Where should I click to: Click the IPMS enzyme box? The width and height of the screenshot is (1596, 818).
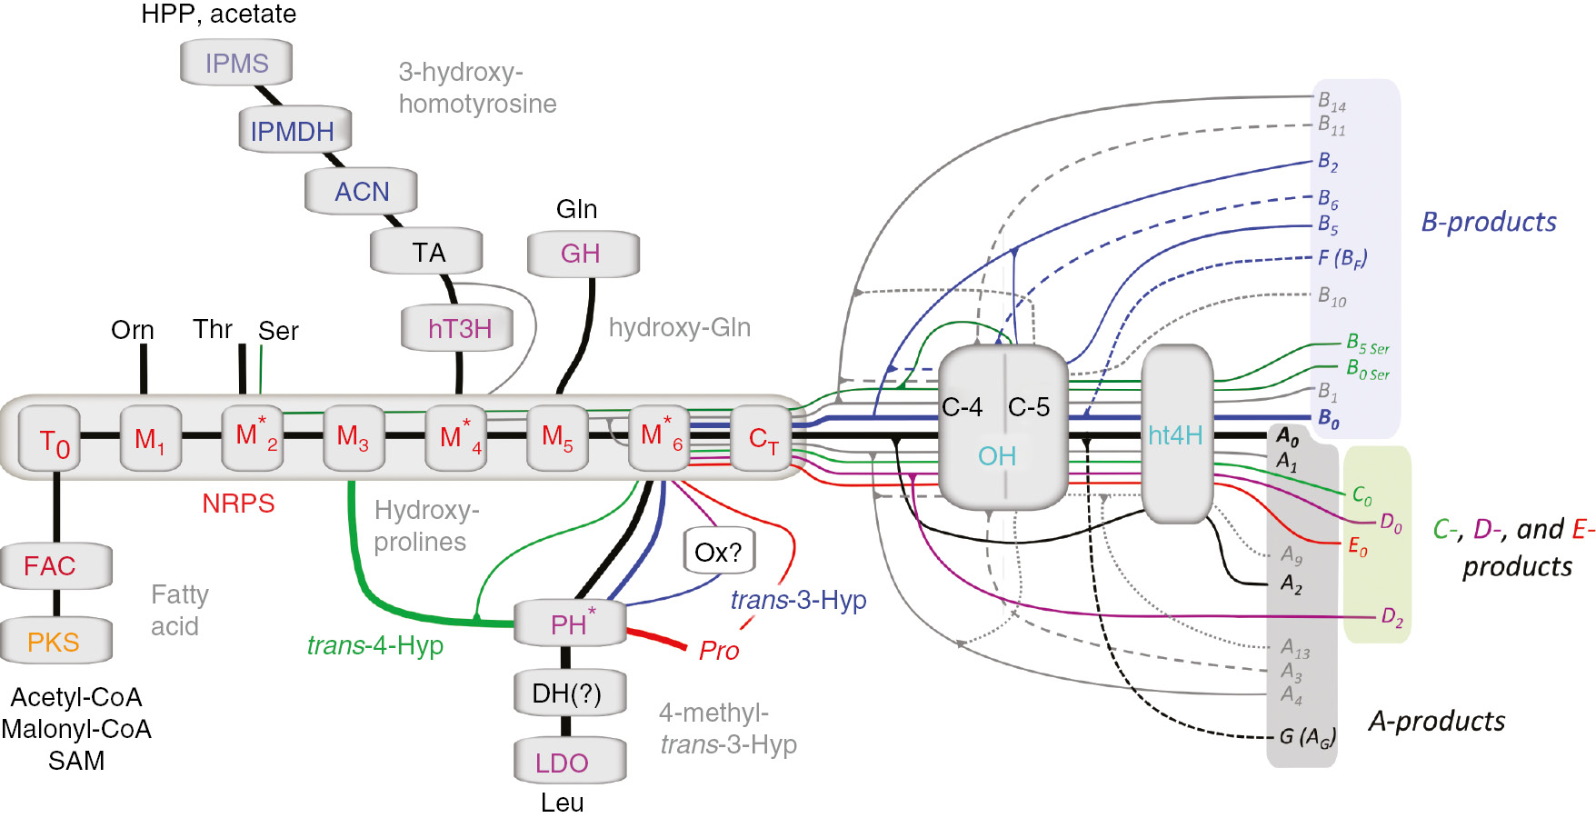click(236, 64)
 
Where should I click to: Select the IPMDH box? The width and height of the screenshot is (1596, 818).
click(293, 131)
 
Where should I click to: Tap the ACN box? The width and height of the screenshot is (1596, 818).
click(362, 192)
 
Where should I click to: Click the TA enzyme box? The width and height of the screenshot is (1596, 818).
click(427, 252)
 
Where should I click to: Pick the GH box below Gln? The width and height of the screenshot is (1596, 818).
click(582, 254)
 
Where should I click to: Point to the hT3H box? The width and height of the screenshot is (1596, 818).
click(459, 328)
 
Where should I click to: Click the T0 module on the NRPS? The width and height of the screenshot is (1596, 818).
click(52, 441)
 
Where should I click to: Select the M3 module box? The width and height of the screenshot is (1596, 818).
click(353, 438)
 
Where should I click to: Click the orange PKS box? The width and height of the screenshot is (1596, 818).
click(55, 642)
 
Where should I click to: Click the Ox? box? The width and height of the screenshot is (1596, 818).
click(718, 552)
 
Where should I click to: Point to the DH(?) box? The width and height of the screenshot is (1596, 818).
click(567, 693)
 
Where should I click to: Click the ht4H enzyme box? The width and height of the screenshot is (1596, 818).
click(1176, 435)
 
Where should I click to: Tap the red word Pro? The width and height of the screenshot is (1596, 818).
click(719, 651)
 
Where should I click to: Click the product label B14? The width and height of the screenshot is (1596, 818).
click(1332, 101)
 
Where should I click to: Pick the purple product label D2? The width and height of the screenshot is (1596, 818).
click(1392, 617)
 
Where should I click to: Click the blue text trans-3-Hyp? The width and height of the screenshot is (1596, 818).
click(798, 600)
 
